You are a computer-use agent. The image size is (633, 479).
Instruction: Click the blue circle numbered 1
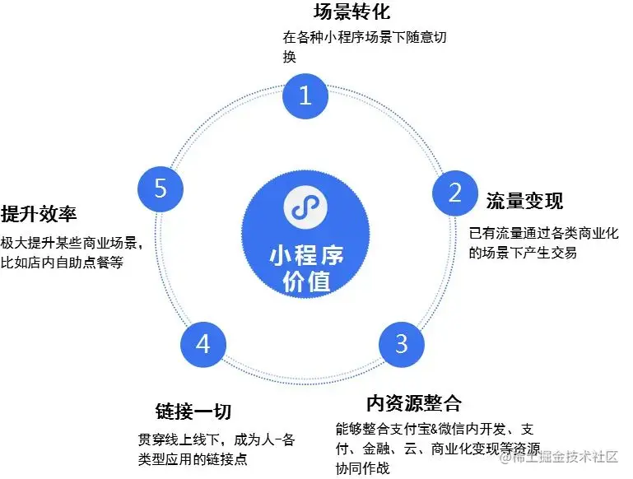click(x=305, y=96)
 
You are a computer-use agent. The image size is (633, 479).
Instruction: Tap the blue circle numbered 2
click(x=455, y=193)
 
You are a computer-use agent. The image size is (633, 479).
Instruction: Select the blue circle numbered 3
click(x=401, y=342)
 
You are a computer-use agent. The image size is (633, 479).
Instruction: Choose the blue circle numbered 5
click(x=161, y=189)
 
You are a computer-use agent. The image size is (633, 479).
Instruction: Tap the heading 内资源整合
click(x=414, y=403)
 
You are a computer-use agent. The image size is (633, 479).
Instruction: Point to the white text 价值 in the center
click(x=306, y=282)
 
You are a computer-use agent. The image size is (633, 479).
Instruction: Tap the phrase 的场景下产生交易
click(x=523, y=253)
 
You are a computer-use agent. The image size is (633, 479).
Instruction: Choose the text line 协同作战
click(x=362, y=468)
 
